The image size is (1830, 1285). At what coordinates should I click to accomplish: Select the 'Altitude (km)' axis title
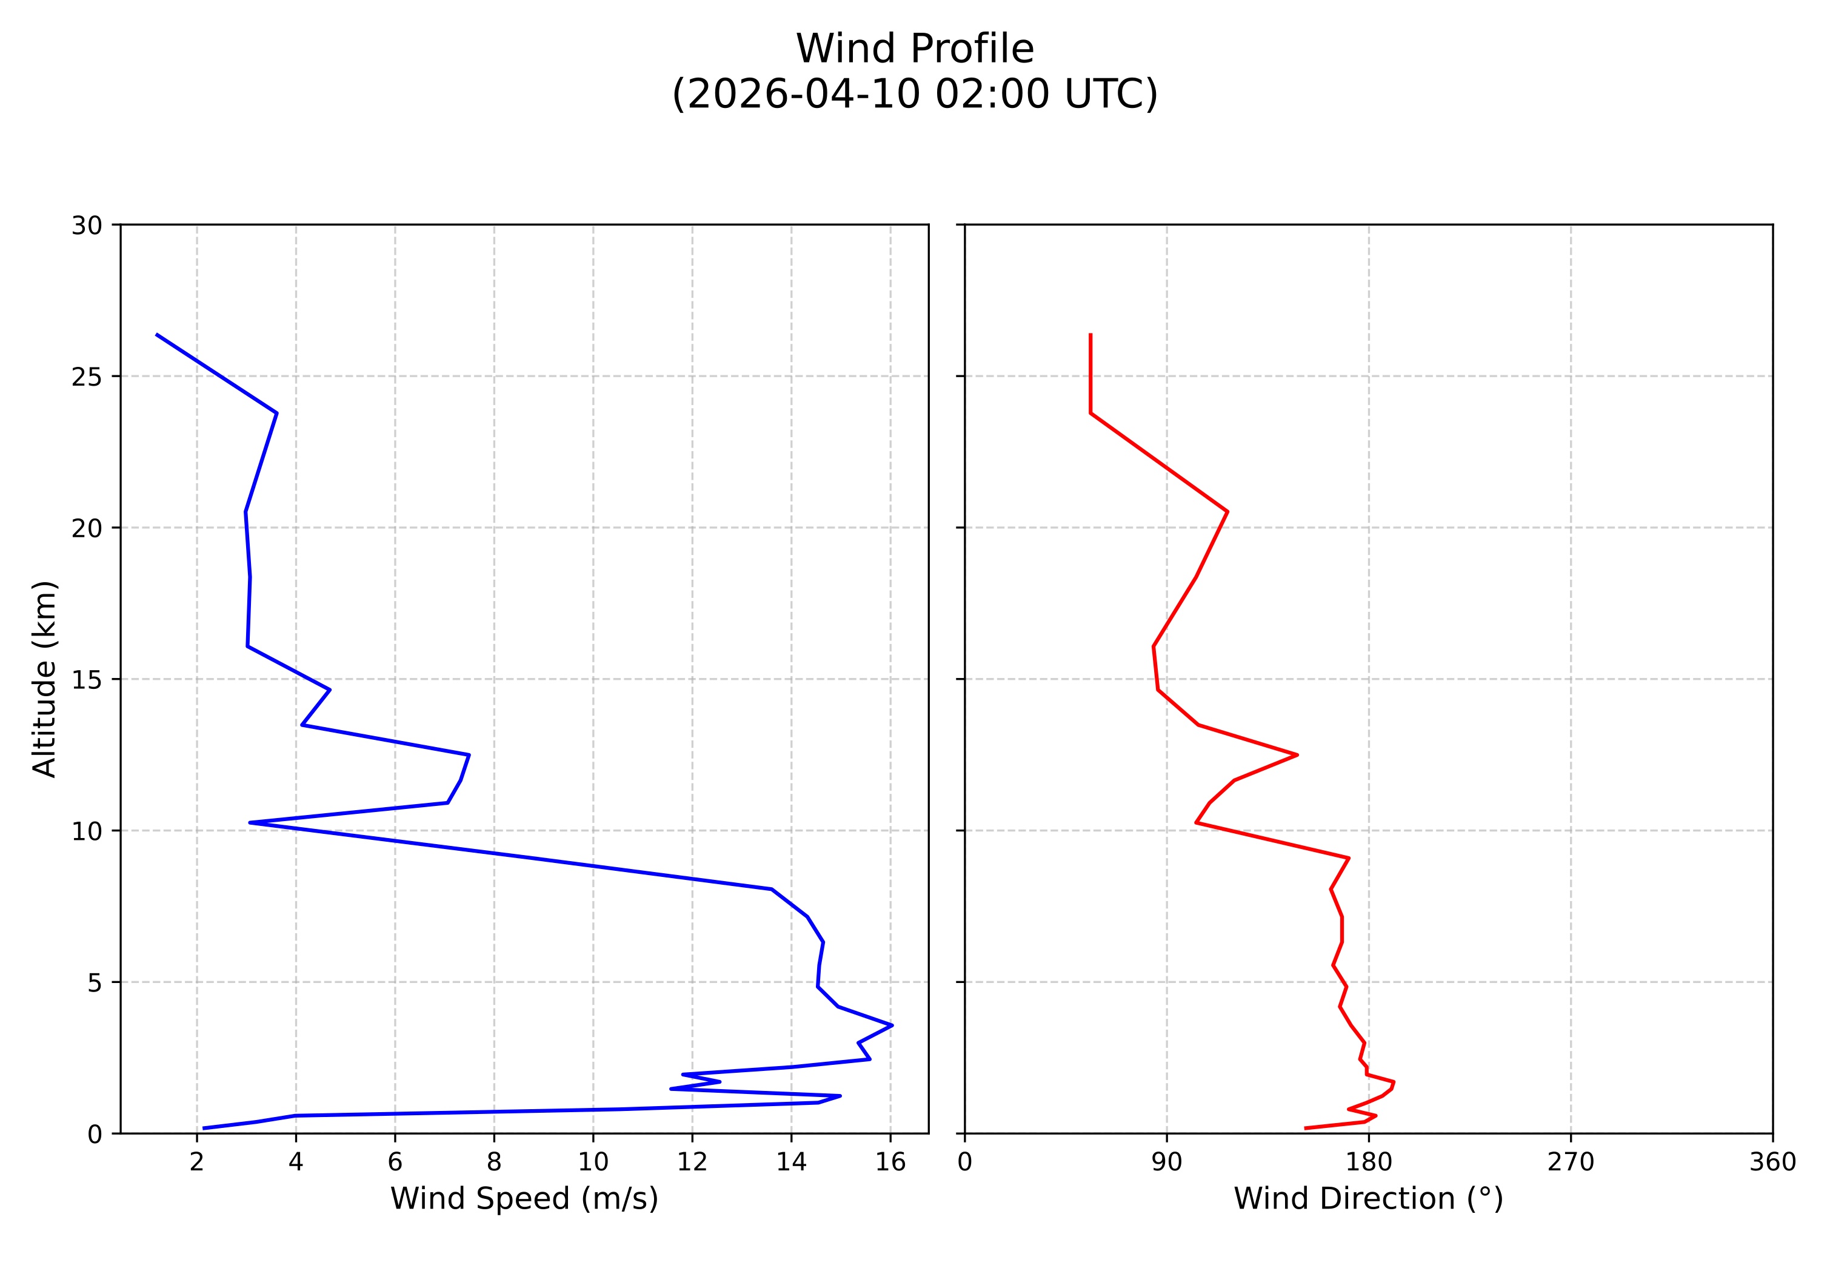pyautogui.click(x=45, y=679)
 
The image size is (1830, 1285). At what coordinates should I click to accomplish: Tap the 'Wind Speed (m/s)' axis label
pyautogui.click(x=524, y=1198)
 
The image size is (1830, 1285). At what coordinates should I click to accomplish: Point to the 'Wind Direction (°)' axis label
pyautogui.click(x=1367, y=1198)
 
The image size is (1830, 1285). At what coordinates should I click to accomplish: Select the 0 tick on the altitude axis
pyautogui.click(x=95, y=1133)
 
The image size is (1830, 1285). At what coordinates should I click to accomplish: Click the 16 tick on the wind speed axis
pyautogui.click(x=890, y=1163)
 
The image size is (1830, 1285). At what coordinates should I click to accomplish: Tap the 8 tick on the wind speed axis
pyautogui.click(x=494, y=1163)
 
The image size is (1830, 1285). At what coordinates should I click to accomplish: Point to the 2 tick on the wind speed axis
pyautogui.click(x=197, y=1163)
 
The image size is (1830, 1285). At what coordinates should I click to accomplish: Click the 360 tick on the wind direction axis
pyautogui.click(x=1772, y=1163)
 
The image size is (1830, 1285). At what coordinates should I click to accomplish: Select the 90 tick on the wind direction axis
pyautogui.click(x=1167, y=1163)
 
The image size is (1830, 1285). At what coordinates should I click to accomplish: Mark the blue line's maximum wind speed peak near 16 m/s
pyautogui.click(x=892, y=1025)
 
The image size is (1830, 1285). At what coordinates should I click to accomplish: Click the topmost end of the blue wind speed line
pyautogui.click(x=156, y=335)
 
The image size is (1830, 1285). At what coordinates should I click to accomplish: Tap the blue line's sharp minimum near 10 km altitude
pyautogui.click(x=250, y=822)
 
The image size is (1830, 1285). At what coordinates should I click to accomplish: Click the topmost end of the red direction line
pyautogui.click(x=1090, y=335)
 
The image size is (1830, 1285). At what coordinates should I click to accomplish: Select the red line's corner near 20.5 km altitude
pyautogui.click(x=1227, y=511)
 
